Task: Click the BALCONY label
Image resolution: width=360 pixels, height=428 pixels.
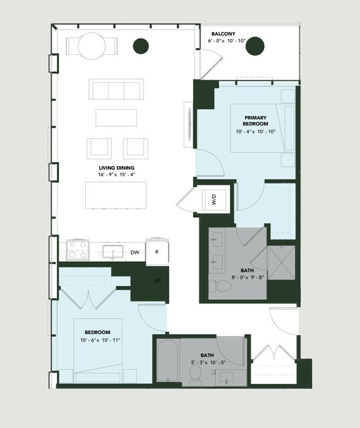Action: tap(223, 34)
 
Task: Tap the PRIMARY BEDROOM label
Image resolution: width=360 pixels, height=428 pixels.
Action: tap(255, 121)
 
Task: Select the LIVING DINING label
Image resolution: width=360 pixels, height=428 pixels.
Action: tap(117, 168)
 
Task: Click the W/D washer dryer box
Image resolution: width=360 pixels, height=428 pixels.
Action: tap(214, 200)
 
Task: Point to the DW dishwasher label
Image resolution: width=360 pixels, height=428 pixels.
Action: tap(135, 253)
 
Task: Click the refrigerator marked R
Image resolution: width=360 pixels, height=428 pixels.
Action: tap(157, 252)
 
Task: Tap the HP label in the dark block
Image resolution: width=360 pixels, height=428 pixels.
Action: tap(158, 281)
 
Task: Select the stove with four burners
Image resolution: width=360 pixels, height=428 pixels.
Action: tap(78, 250)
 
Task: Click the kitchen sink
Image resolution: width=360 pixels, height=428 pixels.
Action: tap(113, 252)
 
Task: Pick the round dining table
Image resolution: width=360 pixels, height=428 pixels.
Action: tap(92, 46)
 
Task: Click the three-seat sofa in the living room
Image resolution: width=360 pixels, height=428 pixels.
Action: tap(116, 89)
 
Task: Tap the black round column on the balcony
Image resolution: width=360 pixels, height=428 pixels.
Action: tap(255, 46)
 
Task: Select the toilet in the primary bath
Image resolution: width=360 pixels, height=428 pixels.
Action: tap(220, 286)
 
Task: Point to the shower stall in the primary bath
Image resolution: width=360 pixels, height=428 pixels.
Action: tap(282, 263)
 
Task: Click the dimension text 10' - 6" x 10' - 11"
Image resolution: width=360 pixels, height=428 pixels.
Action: tap(101, 340)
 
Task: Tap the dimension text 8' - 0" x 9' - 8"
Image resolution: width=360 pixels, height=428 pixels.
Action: tap(247, 277)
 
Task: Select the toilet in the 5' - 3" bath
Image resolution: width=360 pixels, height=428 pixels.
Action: tap(195, 375)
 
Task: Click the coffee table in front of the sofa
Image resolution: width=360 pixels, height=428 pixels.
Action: tap(116, 118)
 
